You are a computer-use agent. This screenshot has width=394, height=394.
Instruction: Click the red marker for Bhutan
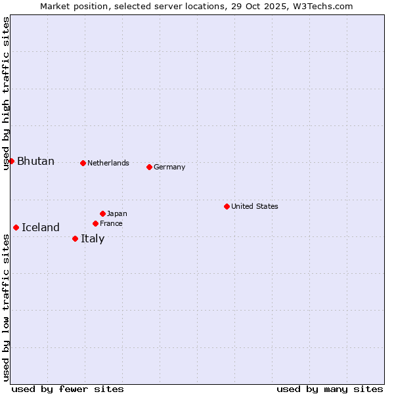(x=11, y=161)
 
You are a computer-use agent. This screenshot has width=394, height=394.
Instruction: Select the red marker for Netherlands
(x=83, y=163)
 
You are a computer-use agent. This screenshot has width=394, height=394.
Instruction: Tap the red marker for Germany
(x=149, y=167)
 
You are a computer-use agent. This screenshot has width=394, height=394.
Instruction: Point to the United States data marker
(x=227, y=206)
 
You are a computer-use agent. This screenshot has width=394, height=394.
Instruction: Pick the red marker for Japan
(x=102, y=213)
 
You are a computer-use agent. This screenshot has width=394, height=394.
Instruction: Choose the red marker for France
(x=95, y=223)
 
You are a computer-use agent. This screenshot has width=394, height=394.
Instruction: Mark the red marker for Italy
(x=75, y=238)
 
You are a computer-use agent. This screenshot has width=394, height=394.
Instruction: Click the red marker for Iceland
(x=16, y=227)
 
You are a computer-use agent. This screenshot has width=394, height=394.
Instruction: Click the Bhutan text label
(x=35, y=162)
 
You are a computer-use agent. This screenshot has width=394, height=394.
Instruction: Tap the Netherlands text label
(x=108, y=163)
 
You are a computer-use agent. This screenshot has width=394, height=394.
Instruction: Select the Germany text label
(x=169, y=167)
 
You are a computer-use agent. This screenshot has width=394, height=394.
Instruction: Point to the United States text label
(x=255, y=206)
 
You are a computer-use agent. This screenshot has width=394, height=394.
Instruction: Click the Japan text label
(x=117, y=213)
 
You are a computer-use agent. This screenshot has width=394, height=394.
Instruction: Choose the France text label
(x=111, y=223)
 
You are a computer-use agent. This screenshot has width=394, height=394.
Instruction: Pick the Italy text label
(x=93, y=238)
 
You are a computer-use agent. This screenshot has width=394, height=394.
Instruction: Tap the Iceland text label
(x=41, y=228)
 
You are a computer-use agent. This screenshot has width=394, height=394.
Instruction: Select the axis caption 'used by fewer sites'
(x=68, y=389)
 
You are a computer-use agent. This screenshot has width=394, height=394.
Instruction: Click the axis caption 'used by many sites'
(x=330, y=389)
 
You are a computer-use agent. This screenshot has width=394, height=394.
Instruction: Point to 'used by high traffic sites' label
(x=6, y=93)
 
